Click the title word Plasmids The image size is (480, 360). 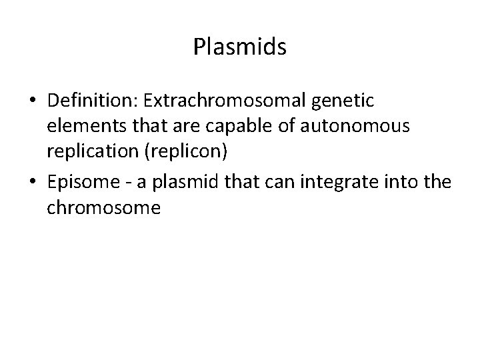[239, 47]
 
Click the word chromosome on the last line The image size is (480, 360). [104, 208]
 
